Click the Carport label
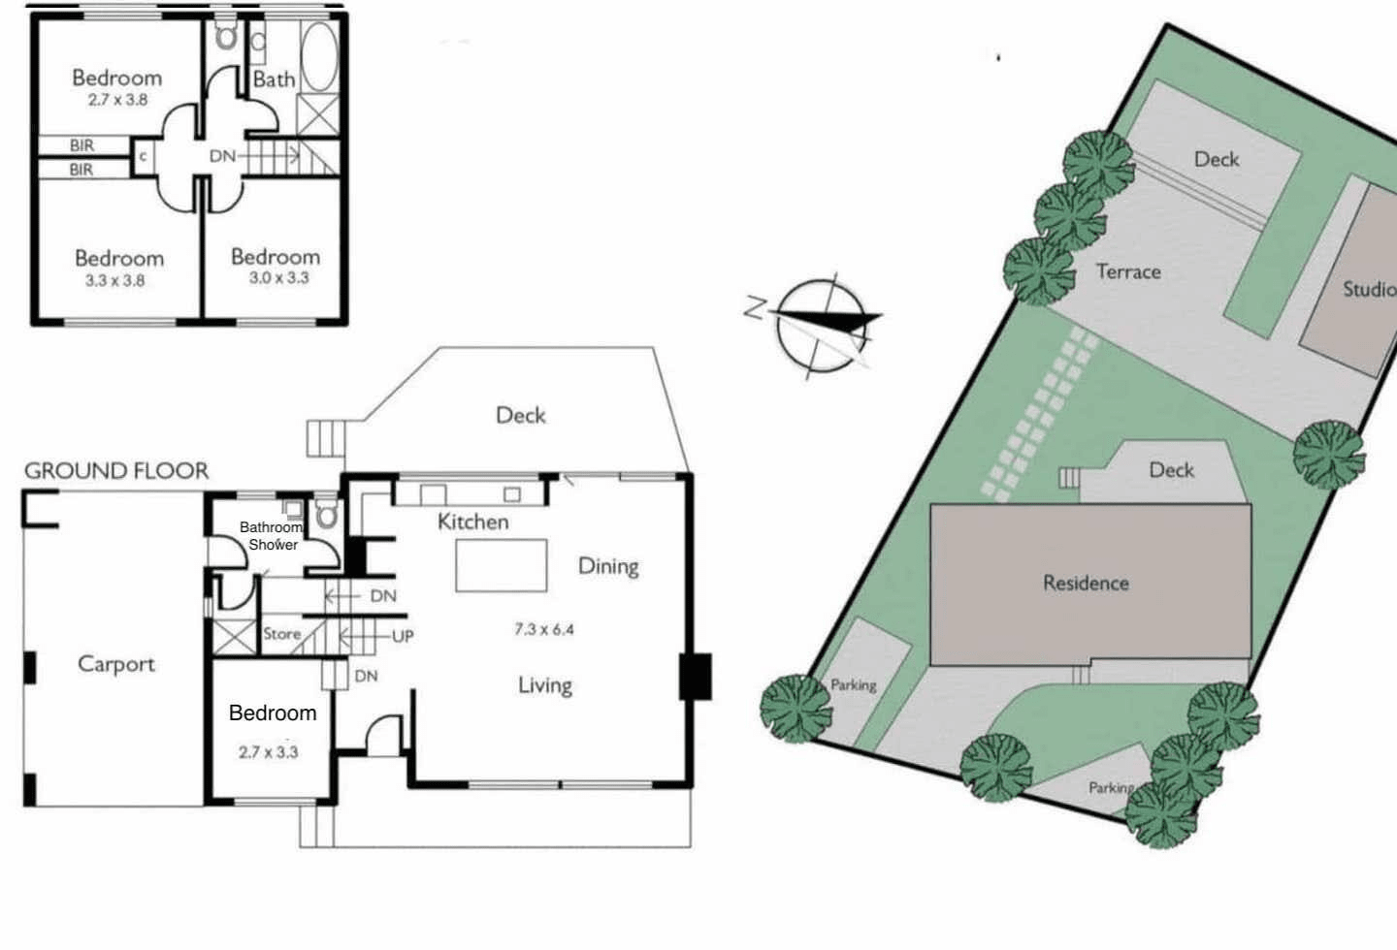pyautogui.click(x=116, y=664)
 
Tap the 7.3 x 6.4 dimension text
pyautogui.click(x=544, y=629)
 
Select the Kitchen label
pyautogui.click(x=472, y=522)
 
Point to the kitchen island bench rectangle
pyautogui.click(x=502, y=565)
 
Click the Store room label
pyautogui.click(x=282, y=634)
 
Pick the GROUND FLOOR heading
pyautogui.click(x=116, y=470)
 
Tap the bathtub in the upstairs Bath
pyautogui.click(x=319, y=57)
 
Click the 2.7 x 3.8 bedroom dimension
pyautogui.click(x=118, y=100)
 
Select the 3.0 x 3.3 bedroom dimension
pyautogui.click(x=278, y=278)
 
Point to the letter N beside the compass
pyautogui.click(x=755, y=308)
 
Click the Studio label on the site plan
pyautogui.click(x=1370, y=289)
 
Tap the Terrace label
pyautogui.click(x=1129, y=271)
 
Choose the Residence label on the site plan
pyautogui.click(x=1086, y=583)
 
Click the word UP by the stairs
pyautogui.click(x=403, y=637)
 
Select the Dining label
pyautogui.click(x=608, y=567)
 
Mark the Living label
pyautogui.click(x=545, y=685)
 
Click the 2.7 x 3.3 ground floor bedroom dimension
pyautogui.click(x=268, y=752)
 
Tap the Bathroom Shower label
pyautogui.click(x=273, y=535)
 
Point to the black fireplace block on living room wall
pyautogui.click(x=696, y=677)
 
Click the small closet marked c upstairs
pyautogui.click(x=143, y=156)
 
